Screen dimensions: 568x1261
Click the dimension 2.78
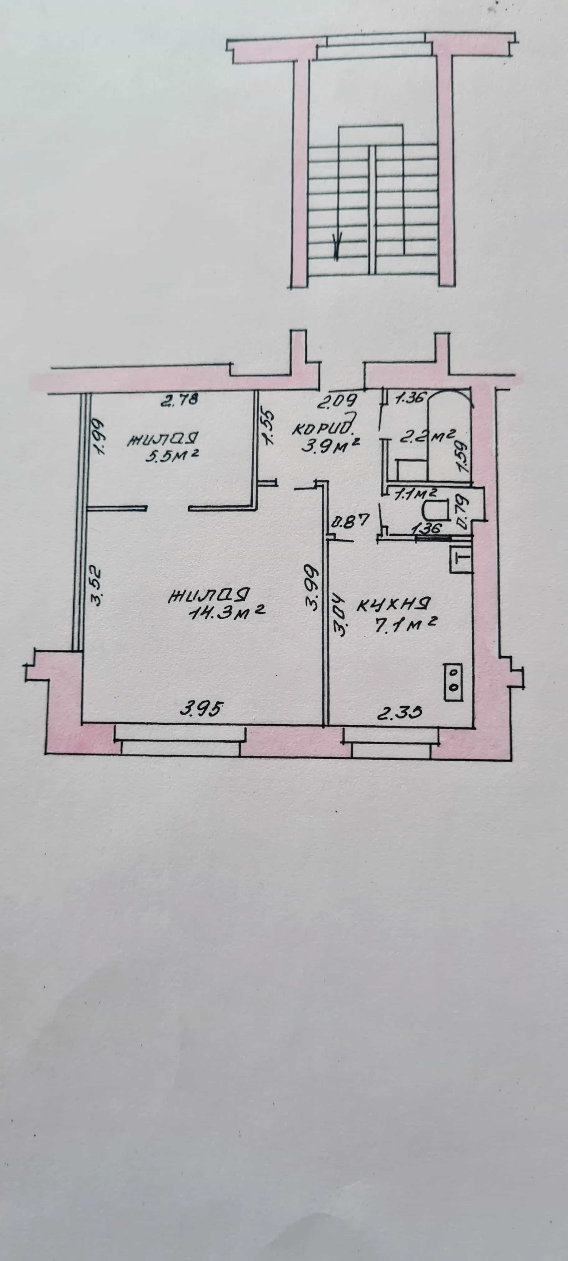180,400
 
